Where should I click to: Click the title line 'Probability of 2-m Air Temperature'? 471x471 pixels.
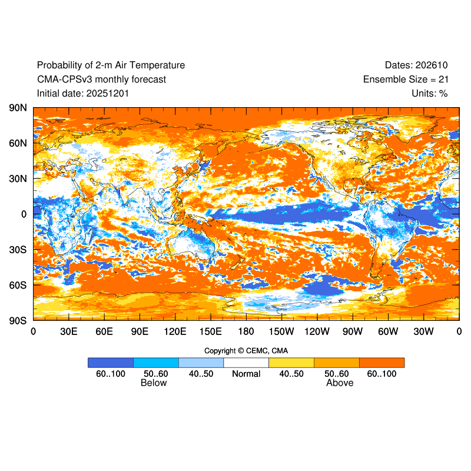(111, 65)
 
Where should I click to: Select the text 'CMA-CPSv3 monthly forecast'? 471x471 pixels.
(101, 79)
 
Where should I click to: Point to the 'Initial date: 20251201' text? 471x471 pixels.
(83, 93)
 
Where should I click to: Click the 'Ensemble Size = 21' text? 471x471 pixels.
(406, 79)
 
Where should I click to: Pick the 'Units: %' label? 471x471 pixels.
(430, 93)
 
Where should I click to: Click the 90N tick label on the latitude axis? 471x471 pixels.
(18, 108)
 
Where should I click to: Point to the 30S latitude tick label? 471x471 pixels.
(18, 250)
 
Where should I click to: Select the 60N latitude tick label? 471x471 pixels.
(18, 143)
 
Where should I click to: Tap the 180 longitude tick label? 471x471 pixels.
(246, 332)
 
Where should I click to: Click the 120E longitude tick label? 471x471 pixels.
(175, 332)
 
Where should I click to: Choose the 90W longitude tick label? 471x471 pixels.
(353, 332)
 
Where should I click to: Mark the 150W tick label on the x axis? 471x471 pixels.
(281, 332)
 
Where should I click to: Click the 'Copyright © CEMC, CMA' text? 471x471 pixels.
(246, 351)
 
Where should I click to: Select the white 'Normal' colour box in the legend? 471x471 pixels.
(246, 363)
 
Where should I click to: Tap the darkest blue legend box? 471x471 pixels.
(111, 363)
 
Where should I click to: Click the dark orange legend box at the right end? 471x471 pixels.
(382, 363)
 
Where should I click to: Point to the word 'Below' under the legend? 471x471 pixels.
(154, 383)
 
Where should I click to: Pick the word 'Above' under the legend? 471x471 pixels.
(340, 383)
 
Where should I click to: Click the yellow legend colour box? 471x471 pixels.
(291, 363)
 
